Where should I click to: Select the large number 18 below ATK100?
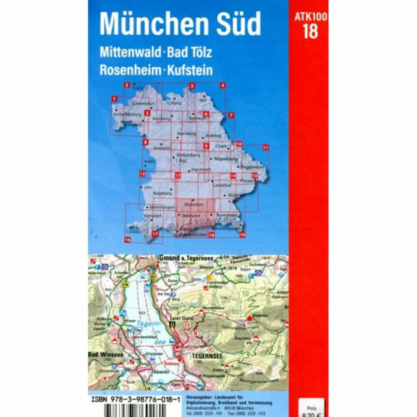point(310,32)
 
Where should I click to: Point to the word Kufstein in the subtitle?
point(190,70)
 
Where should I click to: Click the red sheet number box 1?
point(114,99)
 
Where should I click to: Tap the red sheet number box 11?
point(265,148)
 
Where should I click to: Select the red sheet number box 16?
point(127,240)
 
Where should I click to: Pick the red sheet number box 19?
point(242,235)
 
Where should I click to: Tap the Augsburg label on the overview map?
point(162,193)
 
